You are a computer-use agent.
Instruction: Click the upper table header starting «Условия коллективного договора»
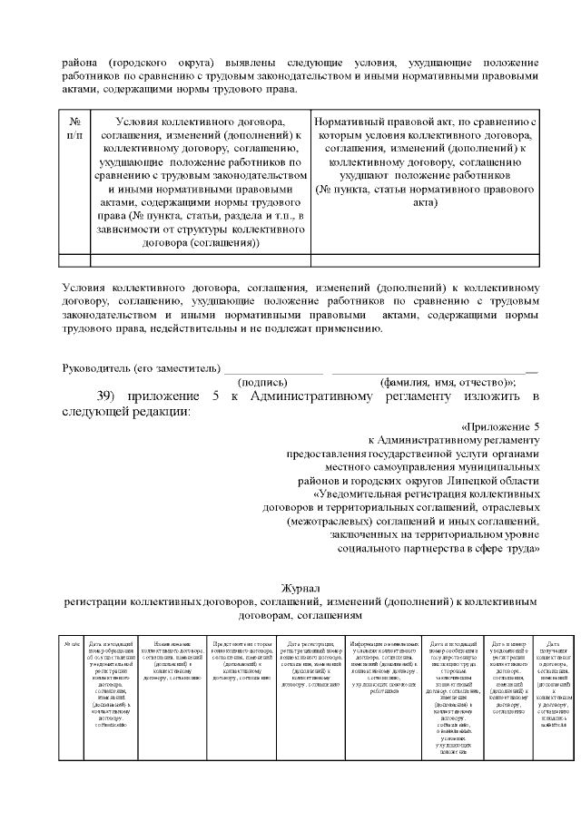195,181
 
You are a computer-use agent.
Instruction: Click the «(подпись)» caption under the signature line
264,382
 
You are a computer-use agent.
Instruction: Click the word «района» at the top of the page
79,64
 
